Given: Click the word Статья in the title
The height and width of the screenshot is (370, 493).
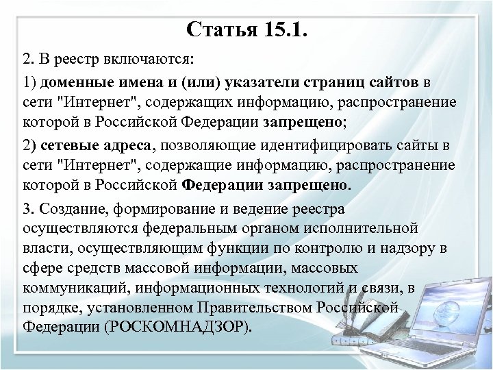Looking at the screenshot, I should pos(221,31).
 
